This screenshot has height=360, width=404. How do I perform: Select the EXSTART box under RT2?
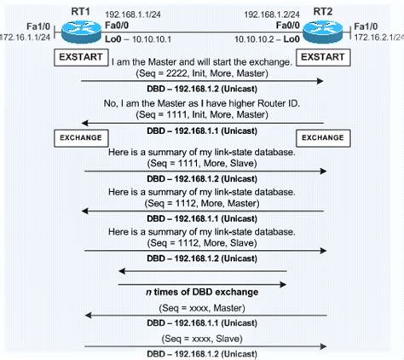point(323,58)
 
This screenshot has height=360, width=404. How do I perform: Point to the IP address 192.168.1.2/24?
point(272,15)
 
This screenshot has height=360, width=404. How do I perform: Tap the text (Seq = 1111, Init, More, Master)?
point(202,113)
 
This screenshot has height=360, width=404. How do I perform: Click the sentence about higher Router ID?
point(202,102)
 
